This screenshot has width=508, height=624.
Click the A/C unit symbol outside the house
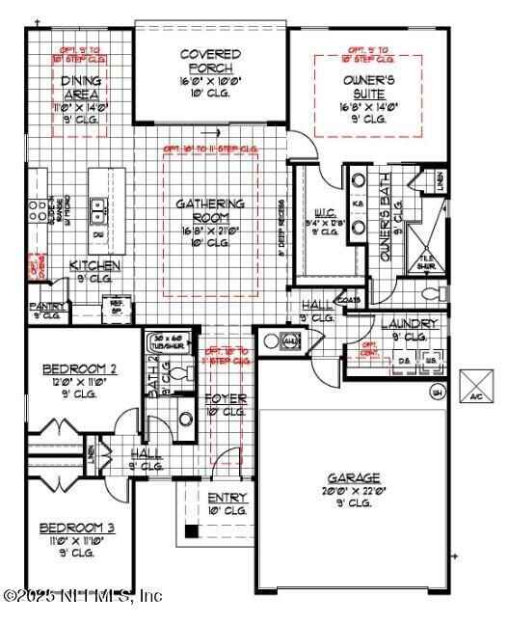[476, 385]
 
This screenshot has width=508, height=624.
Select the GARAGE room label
[353, 477]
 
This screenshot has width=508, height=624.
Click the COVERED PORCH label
[209, 60]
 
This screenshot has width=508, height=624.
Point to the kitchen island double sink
[98, 205]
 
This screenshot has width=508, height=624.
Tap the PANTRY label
[45, 306]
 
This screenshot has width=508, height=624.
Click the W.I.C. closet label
[325, 215]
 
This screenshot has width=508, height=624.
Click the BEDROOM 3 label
[77, 528]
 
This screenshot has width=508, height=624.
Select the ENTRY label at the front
[227, 497]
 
